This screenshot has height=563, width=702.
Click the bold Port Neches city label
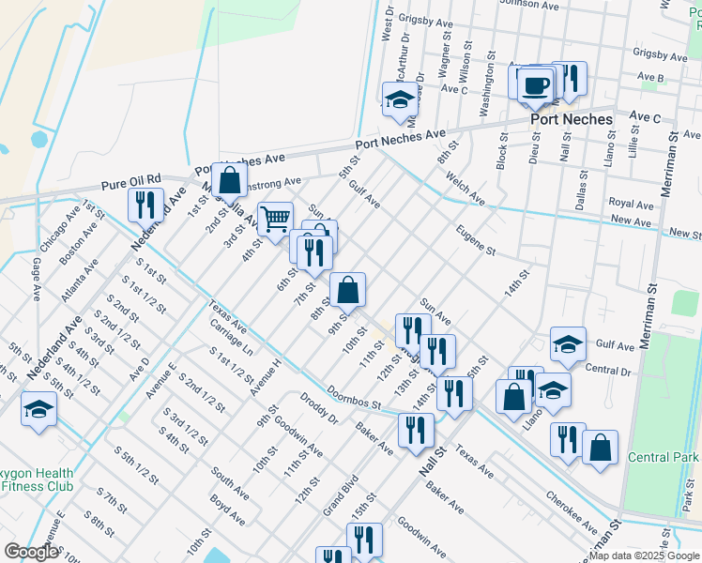571,119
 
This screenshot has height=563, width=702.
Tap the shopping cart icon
274,220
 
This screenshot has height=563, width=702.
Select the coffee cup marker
535,86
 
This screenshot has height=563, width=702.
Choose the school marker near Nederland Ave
38,409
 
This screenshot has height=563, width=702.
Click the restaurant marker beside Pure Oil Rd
145,204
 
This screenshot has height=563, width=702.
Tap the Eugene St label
475,238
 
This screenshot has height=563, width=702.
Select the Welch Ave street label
465,188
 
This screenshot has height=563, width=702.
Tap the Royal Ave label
631,203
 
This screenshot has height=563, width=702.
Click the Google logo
30,552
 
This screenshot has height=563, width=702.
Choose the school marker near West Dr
400,99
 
